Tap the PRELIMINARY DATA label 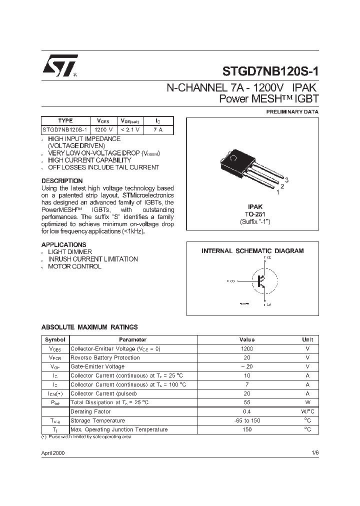pos(292,111)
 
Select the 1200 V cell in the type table pos(103,129)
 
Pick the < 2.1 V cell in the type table pos(130,129)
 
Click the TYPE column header pos(65,120)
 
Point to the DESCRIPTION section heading pos(62,180)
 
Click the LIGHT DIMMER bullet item pos(69,252)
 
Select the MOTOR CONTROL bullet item pos(74,266)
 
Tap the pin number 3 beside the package pos(287,180)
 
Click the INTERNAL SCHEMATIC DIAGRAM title pos(252,251)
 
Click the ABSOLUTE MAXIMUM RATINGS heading pos(89,327)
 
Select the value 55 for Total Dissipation pos(247,402)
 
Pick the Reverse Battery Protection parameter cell pos(105,357)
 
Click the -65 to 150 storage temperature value pos(247,420)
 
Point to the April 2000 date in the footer pos(52,452)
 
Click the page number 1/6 pos(314,452)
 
